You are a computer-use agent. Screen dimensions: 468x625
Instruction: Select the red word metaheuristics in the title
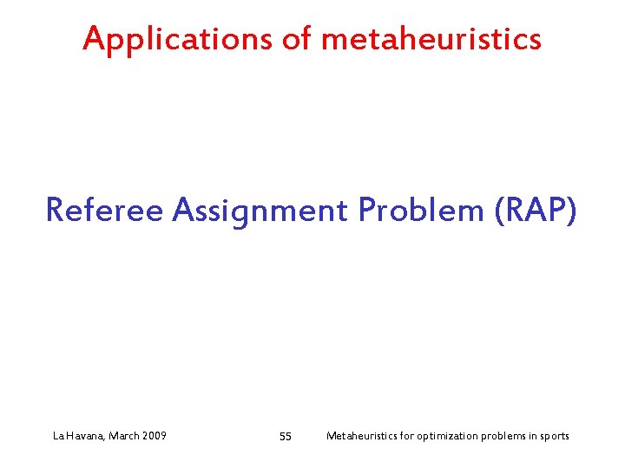pos(431,39)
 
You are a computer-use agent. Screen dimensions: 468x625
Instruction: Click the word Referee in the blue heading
pos(104,210)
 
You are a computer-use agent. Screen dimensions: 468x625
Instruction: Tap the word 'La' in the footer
pos(58,436)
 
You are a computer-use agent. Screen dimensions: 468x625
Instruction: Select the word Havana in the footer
pos(85,436)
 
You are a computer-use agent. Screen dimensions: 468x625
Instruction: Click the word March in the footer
pos(125,436)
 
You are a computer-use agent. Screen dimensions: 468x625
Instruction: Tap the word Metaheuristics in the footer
pos(359,436)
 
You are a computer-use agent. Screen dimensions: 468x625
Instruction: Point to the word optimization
pos(446,436)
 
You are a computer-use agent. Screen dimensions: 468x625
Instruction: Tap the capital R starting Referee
pos(55,210)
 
